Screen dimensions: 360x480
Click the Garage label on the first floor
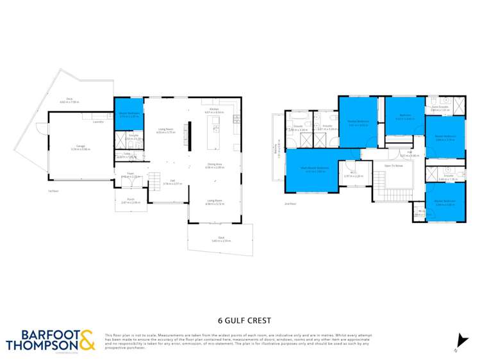point(80,147)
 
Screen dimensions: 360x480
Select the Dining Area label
point(215,165)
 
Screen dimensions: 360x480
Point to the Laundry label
point(98,121)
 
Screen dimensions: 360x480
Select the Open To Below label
point(393,165)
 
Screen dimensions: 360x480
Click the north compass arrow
point(459,341)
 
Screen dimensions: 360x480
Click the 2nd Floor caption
point(291,204)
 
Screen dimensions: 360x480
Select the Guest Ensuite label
point(439,108)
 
